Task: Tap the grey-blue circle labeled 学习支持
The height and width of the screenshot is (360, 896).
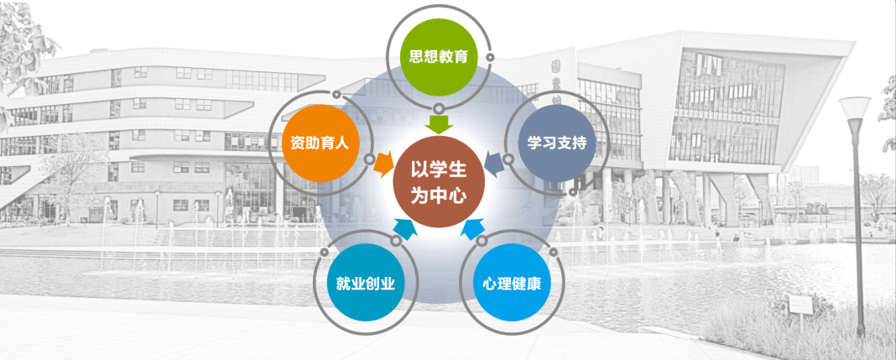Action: [556, 143]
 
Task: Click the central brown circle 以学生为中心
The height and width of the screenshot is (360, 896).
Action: [437, 182]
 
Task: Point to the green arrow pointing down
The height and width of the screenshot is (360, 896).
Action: [437, 123]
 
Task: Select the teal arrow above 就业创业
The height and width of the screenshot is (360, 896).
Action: [402, 226]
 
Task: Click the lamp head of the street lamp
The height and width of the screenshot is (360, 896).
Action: [854, 107]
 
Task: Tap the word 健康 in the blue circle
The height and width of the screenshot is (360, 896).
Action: [525, 283]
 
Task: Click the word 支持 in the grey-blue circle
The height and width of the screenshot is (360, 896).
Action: [571, 143]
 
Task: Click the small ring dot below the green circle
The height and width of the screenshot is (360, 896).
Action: [440, 108]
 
